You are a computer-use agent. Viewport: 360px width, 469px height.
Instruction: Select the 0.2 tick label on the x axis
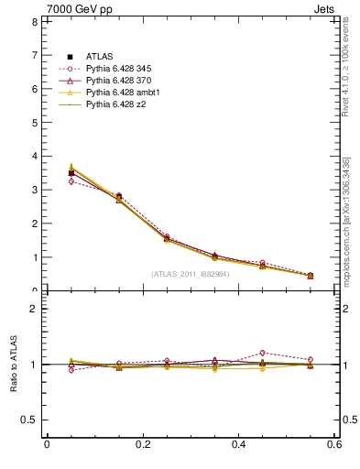point(142,444)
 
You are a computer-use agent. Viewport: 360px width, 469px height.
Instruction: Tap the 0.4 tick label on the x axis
point(238,444)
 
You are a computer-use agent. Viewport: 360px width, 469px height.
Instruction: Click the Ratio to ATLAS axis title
point(13,365)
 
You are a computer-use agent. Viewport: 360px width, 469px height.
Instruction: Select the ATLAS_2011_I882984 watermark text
point(191,274)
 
